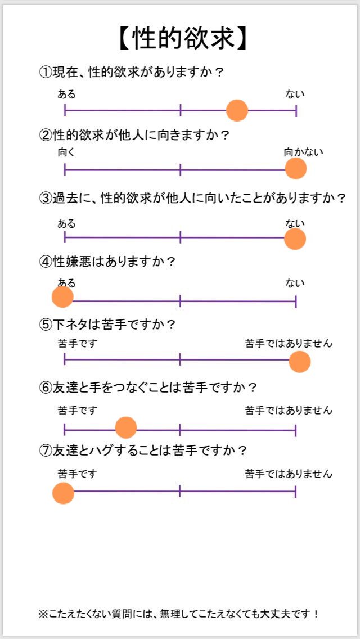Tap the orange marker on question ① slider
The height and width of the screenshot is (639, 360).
click(x=237, y=110)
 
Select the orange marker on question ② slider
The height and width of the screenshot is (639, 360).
click(x=295, y=169)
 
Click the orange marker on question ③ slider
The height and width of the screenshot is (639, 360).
click(x=295, y=239)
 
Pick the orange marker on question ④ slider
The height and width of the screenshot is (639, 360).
click(x=62, y=296)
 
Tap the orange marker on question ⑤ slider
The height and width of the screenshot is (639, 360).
click(x=300, y=362)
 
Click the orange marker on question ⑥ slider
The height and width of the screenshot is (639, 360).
click(x=126, y=427)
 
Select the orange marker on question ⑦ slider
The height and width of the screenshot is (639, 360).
click(x=63, y=493)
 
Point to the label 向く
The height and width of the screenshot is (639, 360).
click(x=67, y=152)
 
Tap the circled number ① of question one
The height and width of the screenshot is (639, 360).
click(x=45, y=73)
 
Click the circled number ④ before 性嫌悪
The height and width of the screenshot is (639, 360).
click(x=45, y=262)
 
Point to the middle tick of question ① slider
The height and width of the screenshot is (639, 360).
click(x=180, y=110)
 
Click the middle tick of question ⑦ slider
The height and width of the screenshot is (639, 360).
click(x=180, y=492)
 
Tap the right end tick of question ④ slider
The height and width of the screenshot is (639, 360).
click(x=296, y=301)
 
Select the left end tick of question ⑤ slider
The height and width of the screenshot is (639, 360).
click(x=65, y=359)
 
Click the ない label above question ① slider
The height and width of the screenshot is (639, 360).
click(x=295, y=94)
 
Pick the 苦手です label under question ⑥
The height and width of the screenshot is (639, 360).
click(x=78, y=410)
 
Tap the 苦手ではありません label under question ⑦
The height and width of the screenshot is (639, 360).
click(x=289, y=474)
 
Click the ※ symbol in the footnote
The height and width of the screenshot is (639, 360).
click(x=43, y=614)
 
